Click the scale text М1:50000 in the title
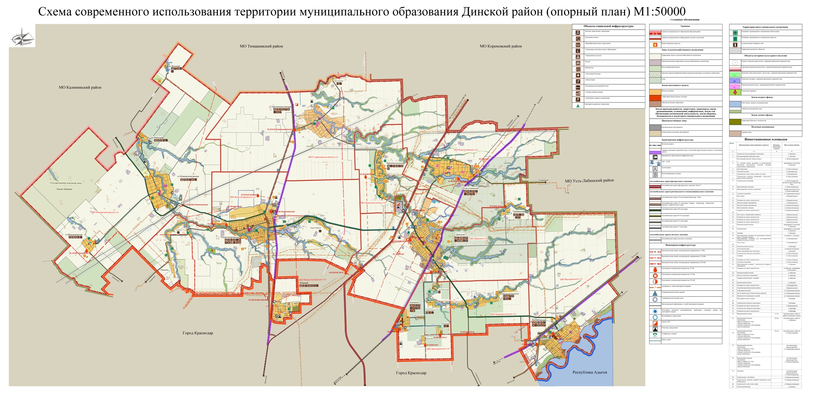point(659,12)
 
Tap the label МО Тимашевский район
point(261,46)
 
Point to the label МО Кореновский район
point(500,46)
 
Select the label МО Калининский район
point(80,87)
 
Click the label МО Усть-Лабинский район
point(589,180)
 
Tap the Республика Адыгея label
point(590,372)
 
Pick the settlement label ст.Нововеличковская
point(188,176)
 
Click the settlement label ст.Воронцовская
point(74,235)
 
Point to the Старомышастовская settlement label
point(280,107)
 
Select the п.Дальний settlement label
point(174,66)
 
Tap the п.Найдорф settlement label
point(157,138)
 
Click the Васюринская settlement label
point(538,320)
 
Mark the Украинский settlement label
point(519,211)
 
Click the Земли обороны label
point(64,189)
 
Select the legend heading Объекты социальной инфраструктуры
point(608,26)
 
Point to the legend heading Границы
point(685,26)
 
